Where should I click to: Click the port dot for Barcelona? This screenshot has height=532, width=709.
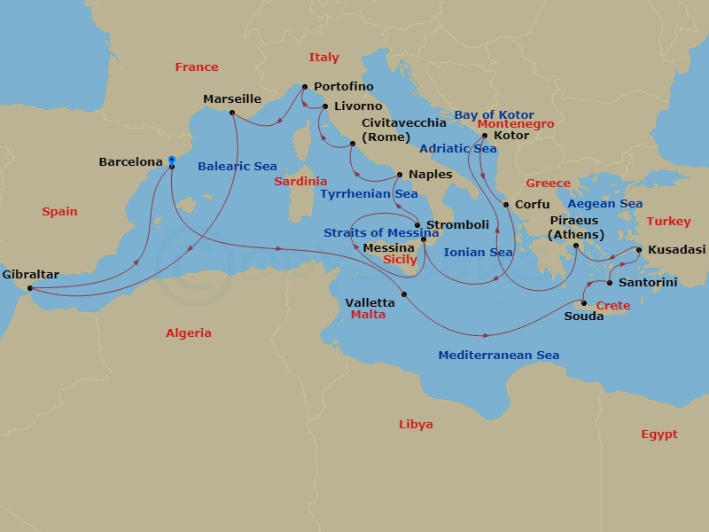tap(171, 166)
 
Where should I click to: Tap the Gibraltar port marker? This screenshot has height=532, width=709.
tap(30, 288)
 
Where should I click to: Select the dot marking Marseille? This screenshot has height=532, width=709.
tap(231, 113)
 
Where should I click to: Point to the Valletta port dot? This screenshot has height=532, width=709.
tap(404, 294)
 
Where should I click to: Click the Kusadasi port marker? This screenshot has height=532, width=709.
tap(639, 250)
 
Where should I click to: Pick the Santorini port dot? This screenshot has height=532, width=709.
tap(610, 283)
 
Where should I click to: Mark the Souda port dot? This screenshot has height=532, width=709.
tap(584, 303)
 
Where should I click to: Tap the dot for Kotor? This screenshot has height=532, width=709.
tap(485, 136)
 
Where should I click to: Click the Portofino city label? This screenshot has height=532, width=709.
tap(342, 86)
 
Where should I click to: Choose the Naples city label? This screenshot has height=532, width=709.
tap(430, 175)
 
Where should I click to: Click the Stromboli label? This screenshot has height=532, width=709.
tap(456, 224)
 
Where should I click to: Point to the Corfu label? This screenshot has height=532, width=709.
tap(532, 205)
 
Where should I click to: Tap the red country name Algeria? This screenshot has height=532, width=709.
tap(189, 333)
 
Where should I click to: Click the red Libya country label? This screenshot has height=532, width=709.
tap(416, 425)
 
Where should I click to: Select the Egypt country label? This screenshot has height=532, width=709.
tap(658, 434)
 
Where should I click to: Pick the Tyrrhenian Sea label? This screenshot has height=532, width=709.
tap(369, 193)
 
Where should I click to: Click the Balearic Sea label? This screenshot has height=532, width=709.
tap(237, 166)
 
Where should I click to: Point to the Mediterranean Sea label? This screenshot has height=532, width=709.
tap(498, 356)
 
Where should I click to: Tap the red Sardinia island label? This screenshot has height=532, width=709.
tap(300, 181)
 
